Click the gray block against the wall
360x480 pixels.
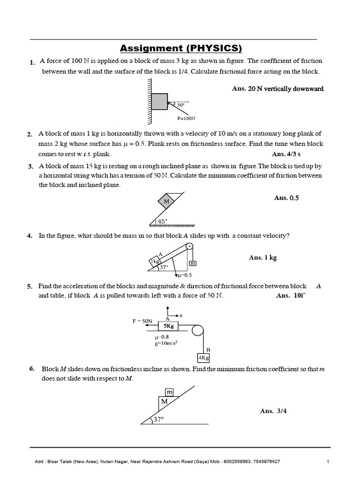[x=159, y=102]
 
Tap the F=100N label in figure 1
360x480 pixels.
[x=186, y=119]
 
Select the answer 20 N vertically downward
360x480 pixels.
[x=277, y=89]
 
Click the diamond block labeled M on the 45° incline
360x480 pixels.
[x=166, y=202]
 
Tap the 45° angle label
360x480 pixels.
[x=162, y=222]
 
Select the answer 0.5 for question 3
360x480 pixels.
[x=286, y=198]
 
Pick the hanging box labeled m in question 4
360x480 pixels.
[x=192, y=264]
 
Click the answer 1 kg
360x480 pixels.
[x=263, y=258]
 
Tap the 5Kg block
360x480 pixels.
[x=169, y=326]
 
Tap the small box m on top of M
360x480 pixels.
[x=169, y=391]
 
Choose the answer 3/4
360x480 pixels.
[x=273, y=411]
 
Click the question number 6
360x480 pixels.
[x=31, y=368]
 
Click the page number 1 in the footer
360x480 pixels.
[x=328, y=462]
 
